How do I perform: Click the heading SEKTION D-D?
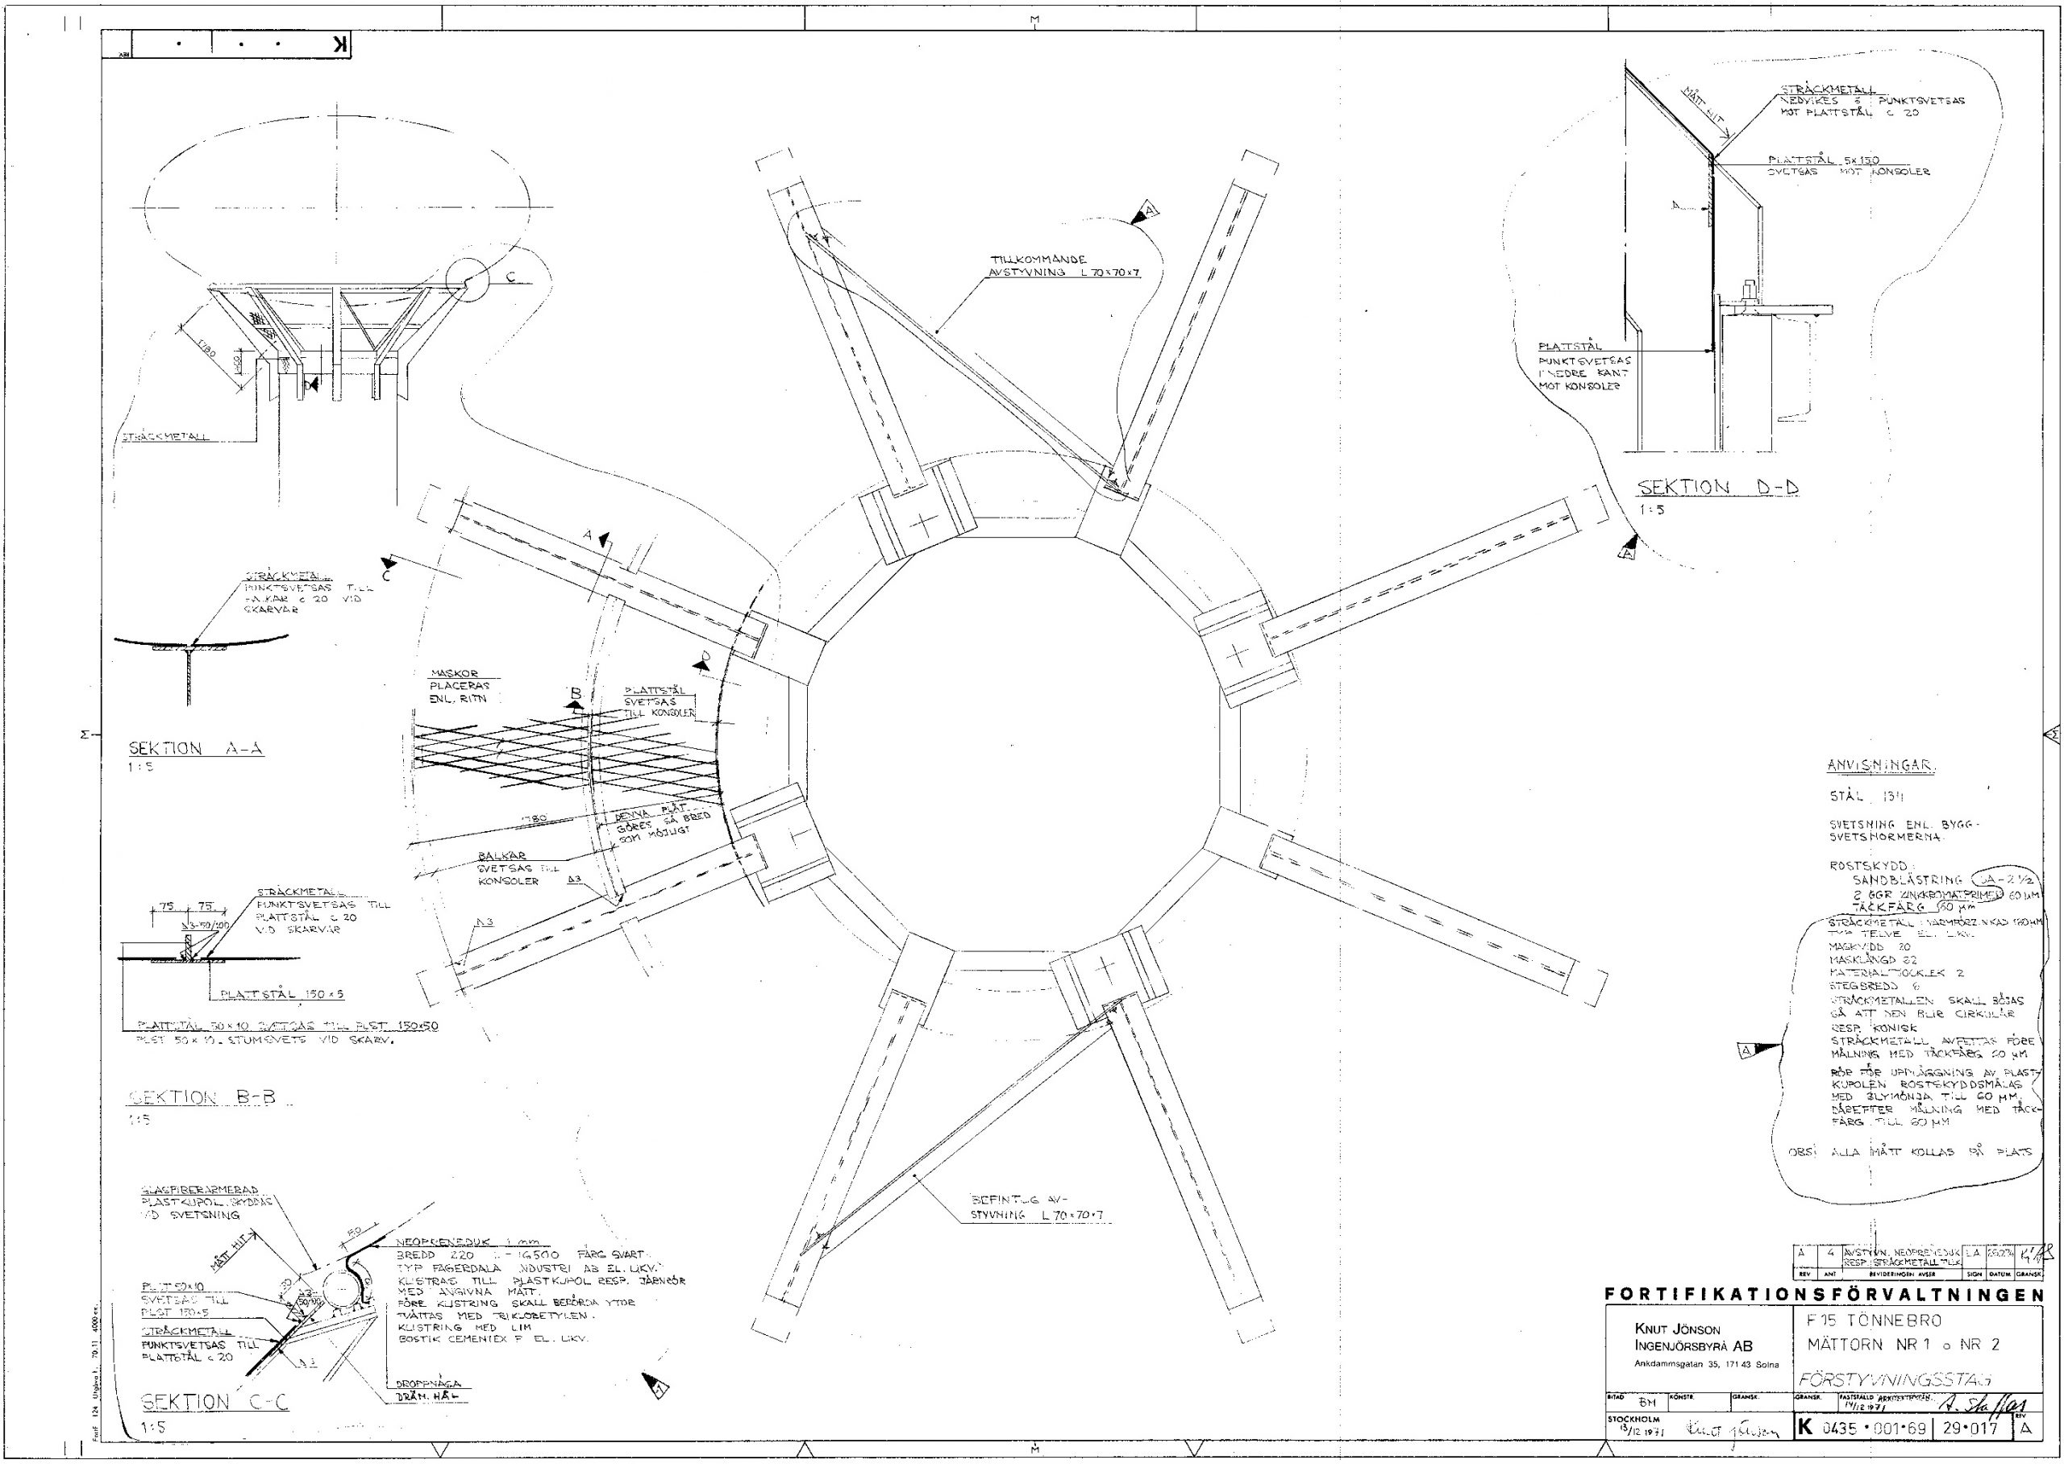pos(1717,488)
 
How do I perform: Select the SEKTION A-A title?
pos(197,748)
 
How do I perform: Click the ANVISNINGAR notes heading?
pos(1880,765)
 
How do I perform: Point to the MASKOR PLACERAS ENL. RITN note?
pos(459,686)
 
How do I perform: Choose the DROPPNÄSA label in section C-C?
pos(428,1383)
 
